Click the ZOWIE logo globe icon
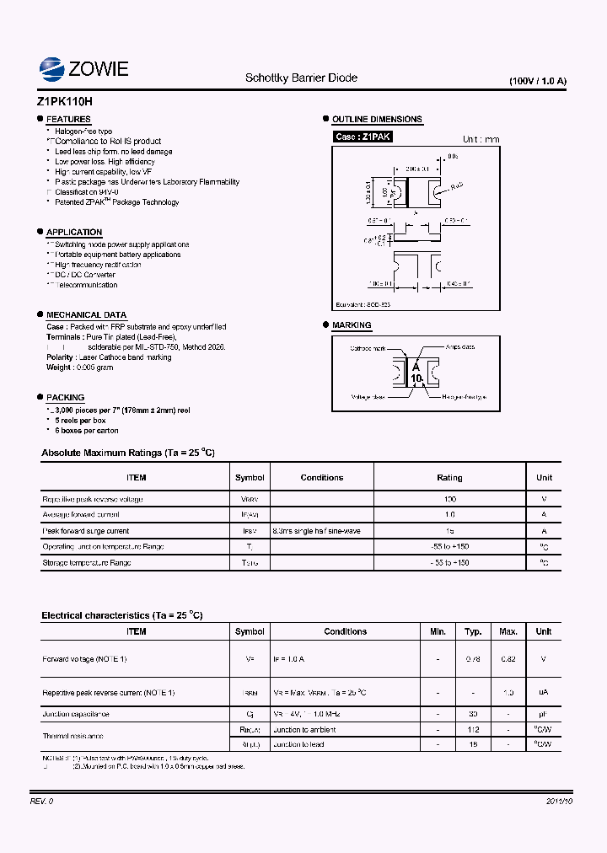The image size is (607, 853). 53,68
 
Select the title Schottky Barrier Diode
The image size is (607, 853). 301,78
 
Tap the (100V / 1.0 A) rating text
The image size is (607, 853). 538,81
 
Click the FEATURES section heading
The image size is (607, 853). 68,120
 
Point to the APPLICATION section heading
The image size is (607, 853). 74,232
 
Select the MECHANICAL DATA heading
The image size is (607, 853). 86,314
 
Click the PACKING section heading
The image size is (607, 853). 65,397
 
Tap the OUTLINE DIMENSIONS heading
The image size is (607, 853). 377,120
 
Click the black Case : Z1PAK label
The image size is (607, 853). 363,137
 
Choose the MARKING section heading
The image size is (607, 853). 352,325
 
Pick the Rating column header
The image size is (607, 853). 449,478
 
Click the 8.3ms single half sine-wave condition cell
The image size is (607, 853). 316,531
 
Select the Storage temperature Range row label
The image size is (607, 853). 87,562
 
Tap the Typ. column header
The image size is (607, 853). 473,631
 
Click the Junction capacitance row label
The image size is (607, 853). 76,714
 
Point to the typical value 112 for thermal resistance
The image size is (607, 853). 473,730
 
